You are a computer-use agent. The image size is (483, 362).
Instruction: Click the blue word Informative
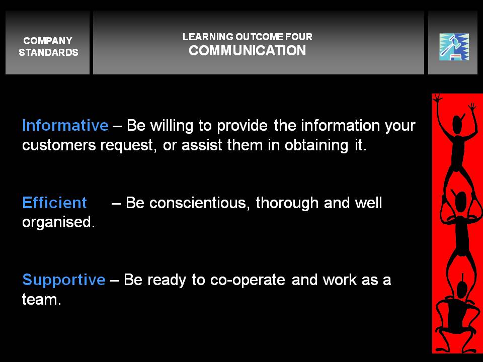click(x=65, y=125)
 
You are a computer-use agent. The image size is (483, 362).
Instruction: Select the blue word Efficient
click(x=54, y=203)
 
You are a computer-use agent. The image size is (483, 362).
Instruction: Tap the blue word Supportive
click(x=64, y=281)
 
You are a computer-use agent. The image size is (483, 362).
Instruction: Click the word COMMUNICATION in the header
click(x=248, y=50)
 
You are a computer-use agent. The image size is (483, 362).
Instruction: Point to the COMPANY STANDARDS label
click(x=48, y=46)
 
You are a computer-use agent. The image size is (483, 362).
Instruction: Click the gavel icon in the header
click(x=454, y=47)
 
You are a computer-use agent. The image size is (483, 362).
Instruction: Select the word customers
click(x=59, y=145)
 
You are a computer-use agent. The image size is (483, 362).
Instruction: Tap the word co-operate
click(x=248, y=281)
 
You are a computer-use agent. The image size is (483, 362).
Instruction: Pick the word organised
click(x=58, y=222)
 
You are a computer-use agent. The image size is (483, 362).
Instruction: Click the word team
click(x=41, y=299)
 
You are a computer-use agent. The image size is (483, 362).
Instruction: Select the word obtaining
click(x=316, y=145)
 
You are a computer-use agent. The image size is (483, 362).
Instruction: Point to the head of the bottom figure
click(x=462, y=290)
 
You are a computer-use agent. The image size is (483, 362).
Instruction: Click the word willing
click(x=172, y=126)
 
